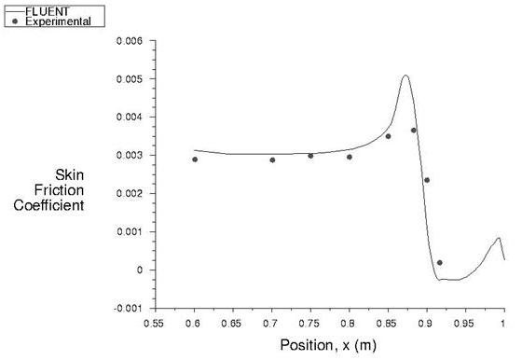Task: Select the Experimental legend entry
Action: (x=58, y=21)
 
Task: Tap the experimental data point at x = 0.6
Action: (x=195, y=159)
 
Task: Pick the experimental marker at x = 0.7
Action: (x=272, y=159)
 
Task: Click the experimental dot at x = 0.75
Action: (x=310, y=155)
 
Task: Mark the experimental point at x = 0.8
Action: (x=350, y=157)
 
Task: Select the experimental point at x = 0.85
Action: (x=388, y=136)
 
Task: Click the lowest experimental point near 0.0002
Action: (x=440, y=263)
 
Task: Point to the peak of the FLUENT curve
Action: (x=405, y=76)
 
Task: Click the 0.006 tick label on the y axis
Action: (x=130, y=42)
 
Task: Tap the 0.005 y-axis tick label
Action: (x=130, y=79)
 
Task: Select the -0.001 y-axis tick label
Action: (x=128, y=308)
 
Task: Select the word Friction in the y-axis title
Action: (x=62, y=189)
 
